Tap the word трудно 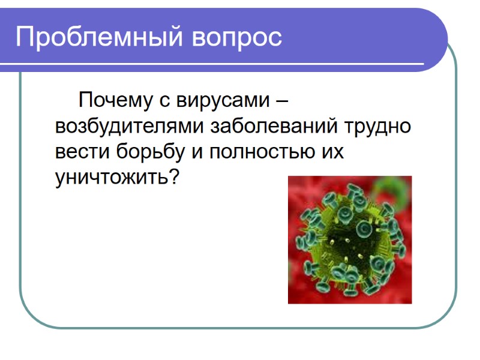(x=377, y=127)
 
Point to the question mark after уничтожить (x=175, y=178)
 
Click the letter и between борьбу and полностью (x=196, y=153)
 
